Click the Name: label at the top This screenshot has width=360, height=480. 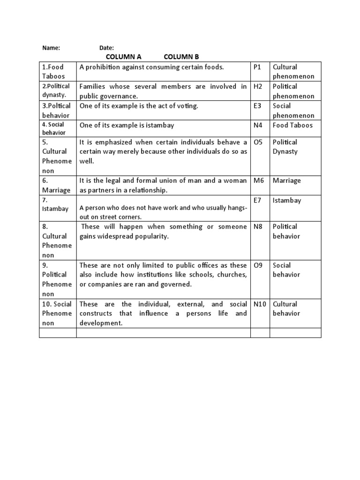tap(51, 48)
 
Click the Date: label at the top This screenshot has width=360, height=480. tap(107, 48)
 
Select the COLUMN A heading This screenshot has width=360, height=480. tap(124, 57)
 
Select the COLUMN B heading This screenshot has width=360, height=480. tap(181, 57)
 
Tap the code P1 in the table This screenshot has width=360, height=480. tap(257, 67)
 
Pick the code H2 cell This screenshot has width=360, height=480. tap(257, 86)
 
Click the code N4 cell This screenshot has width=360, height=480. tap(257, 125)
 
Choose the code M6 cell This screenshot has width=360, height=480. tap(258, 180)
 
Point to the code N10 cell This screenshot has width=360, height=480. tap(260, 304)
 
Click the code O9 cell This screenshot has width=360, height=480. tap(258, 265)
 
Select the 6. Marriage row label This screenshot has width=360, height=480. tap(56, 185)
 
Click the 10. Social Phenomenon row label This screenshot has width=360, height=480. tap(57, 313)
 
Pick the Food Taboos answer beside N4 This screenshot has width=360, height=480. tap(292, 125)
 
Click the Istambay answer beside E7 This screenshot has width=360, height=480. tap(287, 200)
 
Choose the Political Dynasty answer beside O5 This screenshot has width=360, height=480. tap(285, 147)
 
